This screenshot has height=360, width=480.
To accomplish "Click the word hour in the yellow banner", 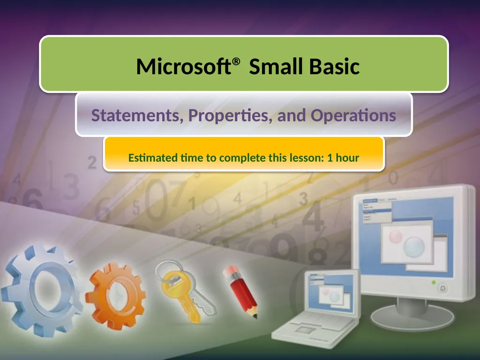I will click(x=347, y=157).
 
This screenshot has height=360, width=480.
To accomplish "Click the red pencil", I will click(x=240, y=288).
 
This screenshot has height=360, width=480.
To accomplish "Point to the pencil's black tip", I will click(x=255, y=316).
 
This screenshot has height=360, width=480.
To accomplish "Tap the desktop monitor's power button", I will click(x=443, y=289).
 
